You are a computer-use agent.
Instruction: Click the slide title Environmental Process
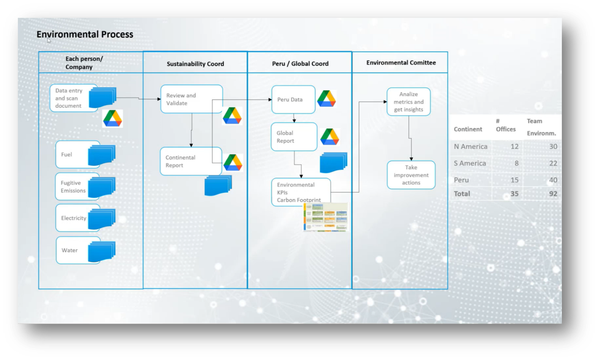tap(85, 34)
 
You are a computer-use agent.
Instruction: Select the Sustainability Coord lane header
tap(195, 64)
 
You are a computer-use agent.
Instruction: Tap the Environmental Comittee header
tap(401, 63)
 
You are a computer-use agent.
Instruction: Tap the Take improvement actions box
tap(411, 175)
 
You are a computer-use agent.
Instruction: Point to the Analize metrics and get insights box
tap(409, 102)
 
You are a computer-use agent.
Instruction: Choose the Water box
tap(72, 250)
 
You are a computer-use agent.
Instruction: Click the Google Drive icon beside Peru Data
tap(326, 99)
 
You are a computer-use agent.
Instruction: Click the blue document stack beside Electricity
tap(102, 219)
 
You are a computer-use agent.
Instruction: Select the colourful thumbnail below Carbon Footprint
tap(326, 217)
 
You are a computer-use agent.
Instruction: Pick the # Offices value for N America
tap(514, 147)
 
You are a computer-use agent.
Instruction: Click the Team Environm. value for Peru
tap(553, 180)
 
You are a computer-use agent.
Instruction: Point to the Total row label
tap(462, 194)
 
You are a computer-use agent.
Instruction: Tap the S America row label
tap(470, 163)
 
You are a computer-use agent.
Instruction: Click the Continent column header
tap(468, 129)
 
